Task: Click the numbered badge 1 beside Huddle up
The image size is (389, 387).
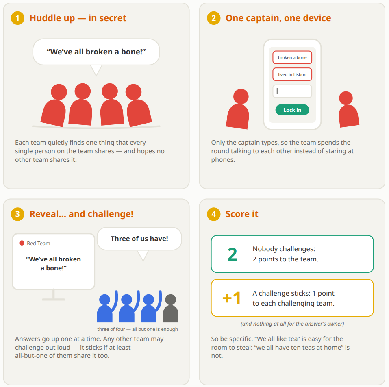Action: click(17, 18)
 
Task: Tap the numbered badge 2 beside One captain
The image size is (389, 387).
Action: click(213, 18)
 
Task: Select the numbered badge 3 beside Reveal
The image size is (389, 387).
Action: click(17, 214)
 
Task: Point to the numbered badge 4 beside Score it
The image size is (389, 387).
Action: click(213, 214)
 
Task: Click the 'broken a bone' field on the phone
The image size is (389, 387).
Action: click(292, 57)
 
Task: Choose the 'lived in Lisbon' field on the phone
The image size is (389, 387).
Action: click(292, 74)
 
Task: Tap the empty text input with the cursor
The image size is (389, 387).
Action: click(292, 91)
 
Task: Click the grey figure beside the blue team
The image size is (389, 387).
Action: click(171, 309)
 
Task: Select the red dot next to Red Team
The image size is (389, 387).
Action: click(22, 243)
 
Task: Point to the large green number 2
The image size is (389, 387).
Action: click(233, 254)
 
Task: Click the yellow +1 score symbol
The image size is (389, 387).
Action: click(231, 298)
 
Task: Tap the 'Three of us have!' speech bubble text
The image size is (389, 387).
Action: click(139, 239)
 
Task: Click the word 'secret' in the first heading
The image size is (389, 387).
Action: click(113, 18)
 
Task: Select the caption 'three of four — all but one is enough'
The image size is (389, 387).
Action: click(137, 329)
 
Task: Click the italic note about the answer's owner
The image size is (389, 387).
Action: click(292, 324)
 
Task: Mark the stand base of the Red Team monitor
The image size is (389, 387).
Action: click(54, 300)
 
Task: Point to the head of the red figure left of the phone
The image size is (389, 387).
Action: click(241, 96)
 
